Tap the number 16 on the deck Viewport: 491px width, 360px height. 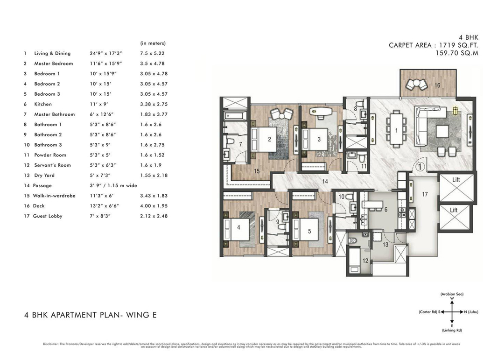(x=437, y=85)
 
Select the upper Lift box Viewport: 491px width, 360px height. (x=456, y=186)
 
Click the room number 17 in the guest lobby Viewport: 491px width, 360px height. (x=424, y=194)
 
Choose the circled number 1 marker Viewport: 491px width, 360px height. (x=420, y=165)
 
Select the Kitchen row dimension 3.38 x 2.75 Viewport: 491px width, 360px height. (x=154, y=104)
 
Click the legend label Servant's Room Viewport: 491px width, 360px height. (x=52, y=165)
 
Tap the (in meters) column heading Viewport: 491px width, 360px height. (x=153, y=43)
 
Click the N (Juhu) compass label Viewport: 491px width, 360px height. (x=474, y=312)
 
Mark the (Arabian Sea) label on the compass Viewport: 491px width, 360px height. (x=452, y=294)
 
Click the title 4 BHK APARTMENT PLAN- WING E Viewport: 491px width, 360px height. (x=90, y=315)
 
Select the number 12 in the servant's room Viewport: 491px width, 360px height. (x=365, y=261)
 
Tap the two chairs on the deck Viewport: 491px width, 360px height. (x=416, y=85)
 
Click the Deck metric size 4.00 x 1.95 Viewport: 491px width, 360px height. (x=154, y=206)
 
